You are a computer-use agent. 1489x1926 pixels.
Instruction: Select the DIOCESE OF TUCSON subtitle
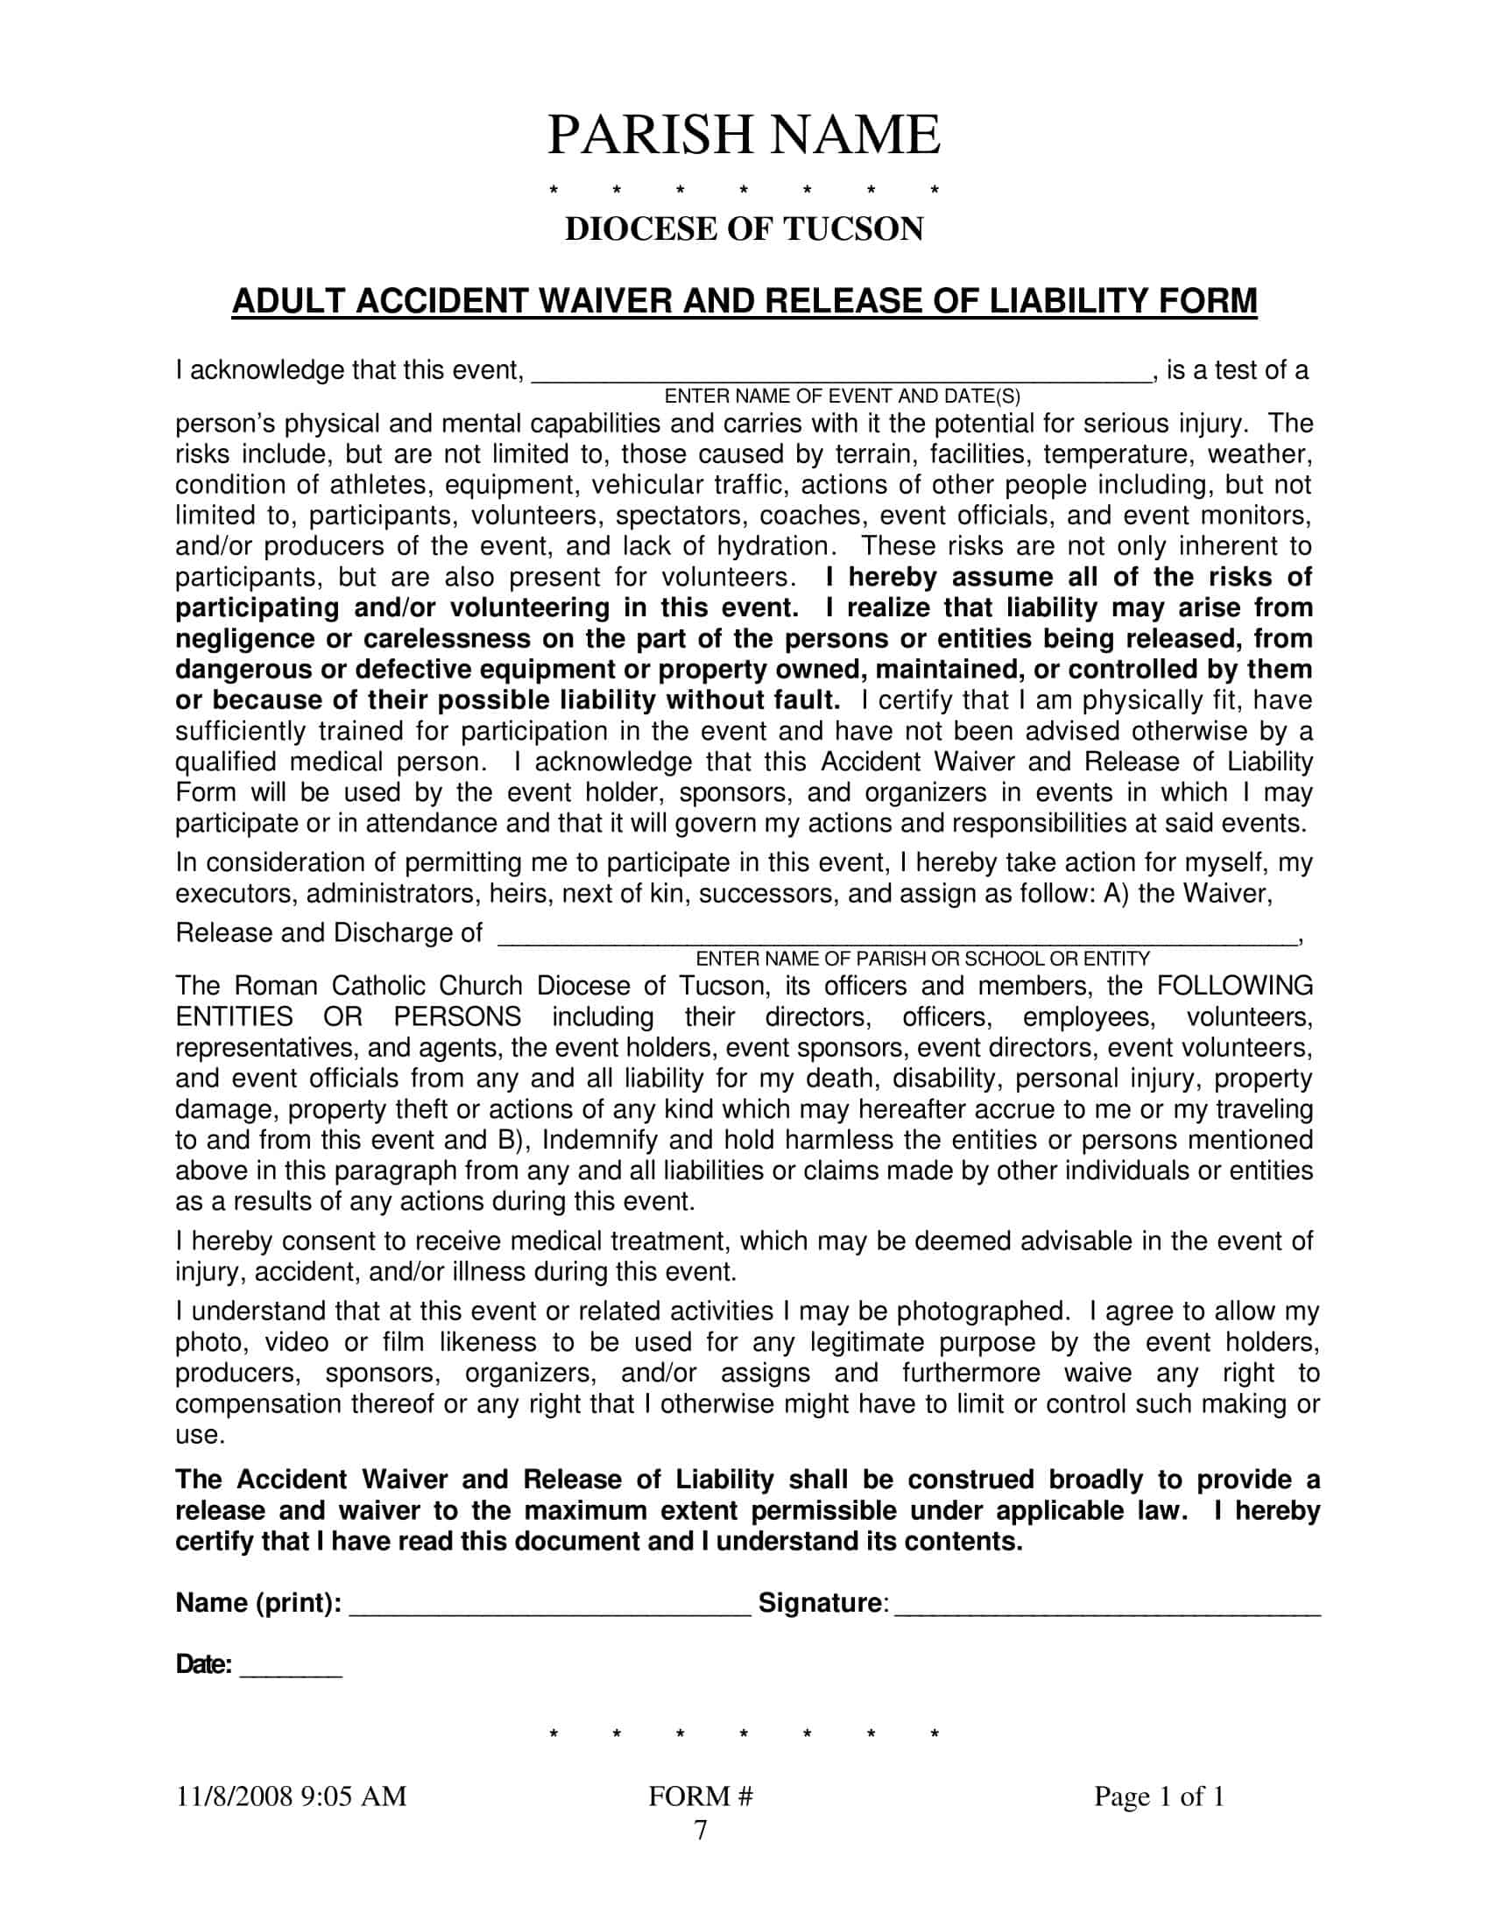click(x=744, y=229)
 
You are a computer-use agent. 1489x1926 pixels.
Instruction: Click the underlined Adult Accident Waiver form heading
click(x=744, y=302)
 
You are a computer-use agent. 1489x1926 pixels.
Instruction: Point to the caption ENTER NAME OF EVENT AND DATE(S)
click(x=842, y=397)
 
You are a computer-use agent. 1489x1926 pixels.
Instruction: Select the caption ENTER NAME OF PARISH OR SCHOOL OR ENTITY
click(x=922, y=959)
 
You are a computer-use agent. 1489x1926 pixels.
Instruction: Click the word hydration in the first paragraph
click(x=773, y=547)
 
